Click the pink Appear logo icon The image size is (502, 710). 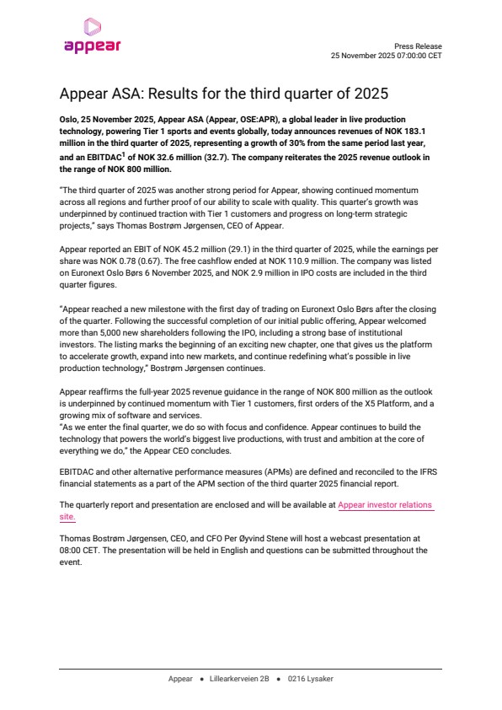tap(93, 28)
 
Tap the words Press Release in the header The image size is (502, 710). tap(418, 46)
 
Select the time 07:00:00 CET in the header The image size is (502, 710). tap(414, 55)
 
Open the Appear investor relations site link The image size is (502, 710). tap(385, 504)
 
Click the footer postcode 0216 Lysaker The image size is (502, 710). tap(310, 678)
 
